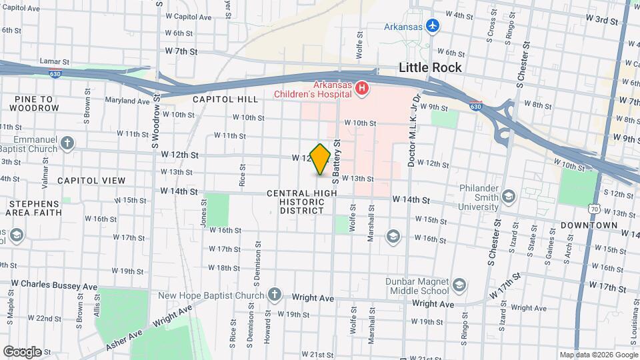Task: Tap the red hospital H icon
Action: point(362,87)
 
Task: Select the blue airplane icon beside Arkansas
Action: point(434,25)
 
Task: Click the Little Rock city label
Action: point(430,67)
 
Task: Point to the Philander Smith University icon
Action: point(509,195)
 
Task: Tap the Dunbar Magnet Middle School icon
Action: point(459,285)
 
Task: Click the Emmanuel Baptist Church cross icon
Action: point(67,143)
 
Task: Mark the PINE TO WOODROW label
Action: point(34,103)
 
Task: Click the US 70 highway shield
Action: point(593,209)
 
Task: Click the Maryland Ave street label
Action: point(127,101)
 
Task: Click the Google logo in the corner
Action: point(22,351)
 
